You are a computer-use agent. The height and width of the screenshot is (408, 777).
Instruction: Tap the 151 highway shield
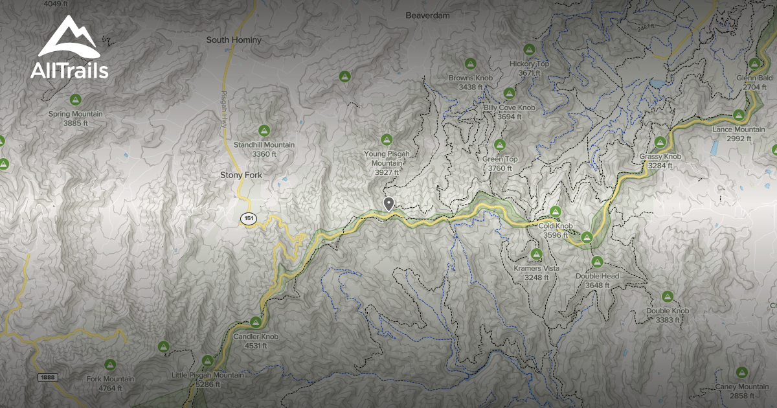tap(249, 219)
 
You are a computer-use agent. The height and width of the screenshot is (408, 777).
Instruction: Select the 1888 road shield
tap(47, 377)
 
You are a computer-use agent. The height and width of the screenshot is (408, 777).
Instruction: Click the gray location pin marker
tap(388, 204)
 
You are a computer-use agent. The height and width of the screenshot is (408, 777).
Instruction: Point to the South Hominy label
tap(234, 40)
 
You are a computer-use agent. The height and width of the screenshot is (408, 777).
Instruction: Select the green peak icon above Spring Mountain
tap(76, 100)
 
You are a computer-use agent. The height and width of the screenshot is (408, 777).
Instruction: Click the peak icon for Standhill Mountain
tap(264, 130)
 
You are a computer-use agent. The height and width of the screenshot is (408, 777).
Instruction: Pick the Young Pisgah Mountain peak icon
tap(387, 139)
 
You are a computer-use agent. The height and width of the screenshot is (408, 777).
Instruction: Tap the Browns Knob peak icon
tap(471, 63)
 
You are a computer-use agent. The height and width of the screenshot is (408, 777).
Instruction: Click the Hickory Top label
tap(529, 64)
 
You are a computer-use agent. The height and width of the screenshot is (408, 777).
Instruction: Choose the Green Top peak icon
tap(499, 144)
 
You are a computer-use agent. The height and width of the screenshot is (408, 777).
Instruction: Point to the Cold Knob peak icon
tap(556, 212)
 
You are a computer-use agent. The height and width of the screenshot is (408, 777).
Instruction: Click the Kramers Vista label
tap(536, 268)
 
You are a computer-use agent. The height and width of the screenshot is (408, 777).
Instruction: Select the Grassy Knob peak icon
tap(660, 142)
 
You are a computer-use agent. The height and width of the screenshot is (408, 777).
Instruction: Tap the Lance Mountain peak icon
tap(738, 115)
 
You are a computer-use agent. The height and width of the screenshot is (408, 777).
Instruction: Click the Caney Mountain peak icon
tap(742, 372)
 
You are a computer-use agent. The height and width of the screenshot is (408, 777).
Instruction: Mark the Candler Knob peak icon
tap(256, 322)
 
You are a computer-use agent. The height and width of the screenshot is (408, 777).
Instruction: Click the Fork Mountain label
tap(110, 379)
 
